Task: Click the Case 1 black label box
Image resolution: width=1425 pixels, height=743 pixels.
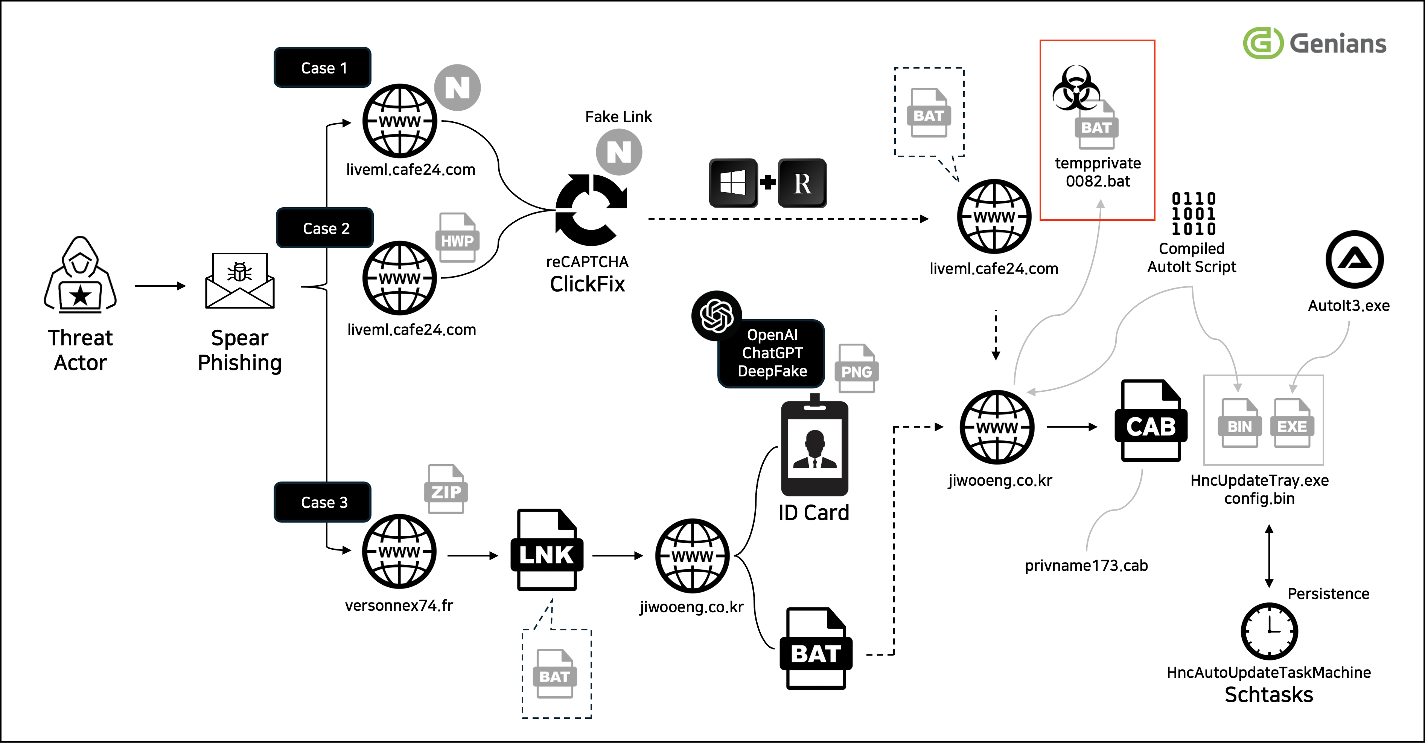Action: pos(323,67)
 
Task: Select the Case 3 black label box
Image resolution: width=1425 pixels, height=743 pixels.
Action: pos(323,502)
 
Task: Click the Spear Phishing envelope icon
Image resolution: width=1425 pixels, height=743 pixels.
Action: pos(239,281)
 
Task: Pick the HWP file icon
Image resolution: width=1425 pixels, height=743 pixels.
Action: pos(457,238)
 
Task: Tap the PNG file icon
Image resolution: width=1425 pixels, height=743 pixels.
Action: pos(856,369)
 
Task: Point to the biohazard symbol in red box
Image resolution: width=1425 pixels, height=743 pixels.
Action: pos(1076,89)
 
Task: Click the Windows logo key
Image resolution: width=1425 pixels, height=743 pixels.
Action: pos(733,183)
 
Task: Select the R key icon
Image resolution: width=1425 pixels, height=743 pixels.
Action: pos(802,183)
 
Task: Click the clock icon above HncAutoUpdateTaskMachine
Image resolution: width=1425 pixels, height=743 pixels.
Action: pos(1269,631)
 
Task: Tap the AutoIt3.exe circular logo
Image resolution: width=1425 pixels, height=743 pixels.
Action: pos(1355,259)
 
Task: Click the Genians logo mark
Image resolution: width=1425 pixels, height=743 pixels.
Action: pos(1262,43)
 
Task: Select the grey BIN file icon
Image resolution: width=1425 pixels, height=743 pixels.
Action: pos(1239,423)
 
